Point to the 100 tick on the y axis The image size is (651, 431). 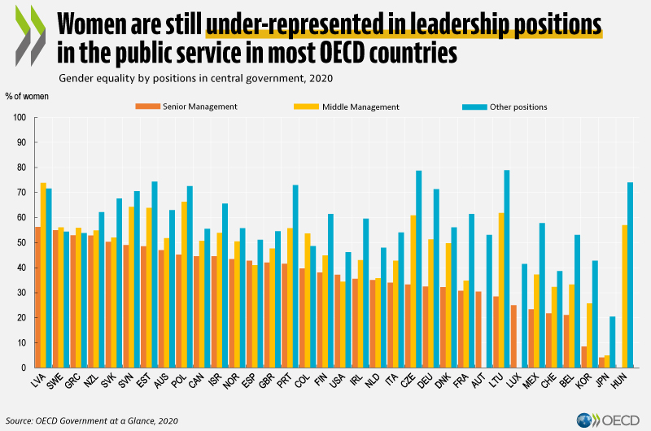[x=20, y=118]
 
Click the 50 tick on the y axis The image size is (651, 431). [x=22, y=242]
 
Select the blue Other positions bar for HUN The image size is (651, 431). [x=630, y=275]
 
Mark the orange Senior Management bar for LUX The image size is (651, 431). [x=513, y=336]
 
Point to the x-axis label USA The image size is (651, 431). [x=336, y=381]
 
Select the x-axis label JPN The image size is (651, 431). [x=602, y=381]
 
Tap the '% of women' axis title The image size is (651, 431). [x=27, y=97]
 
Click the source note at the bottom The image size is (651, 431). [x=91, y=420]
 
